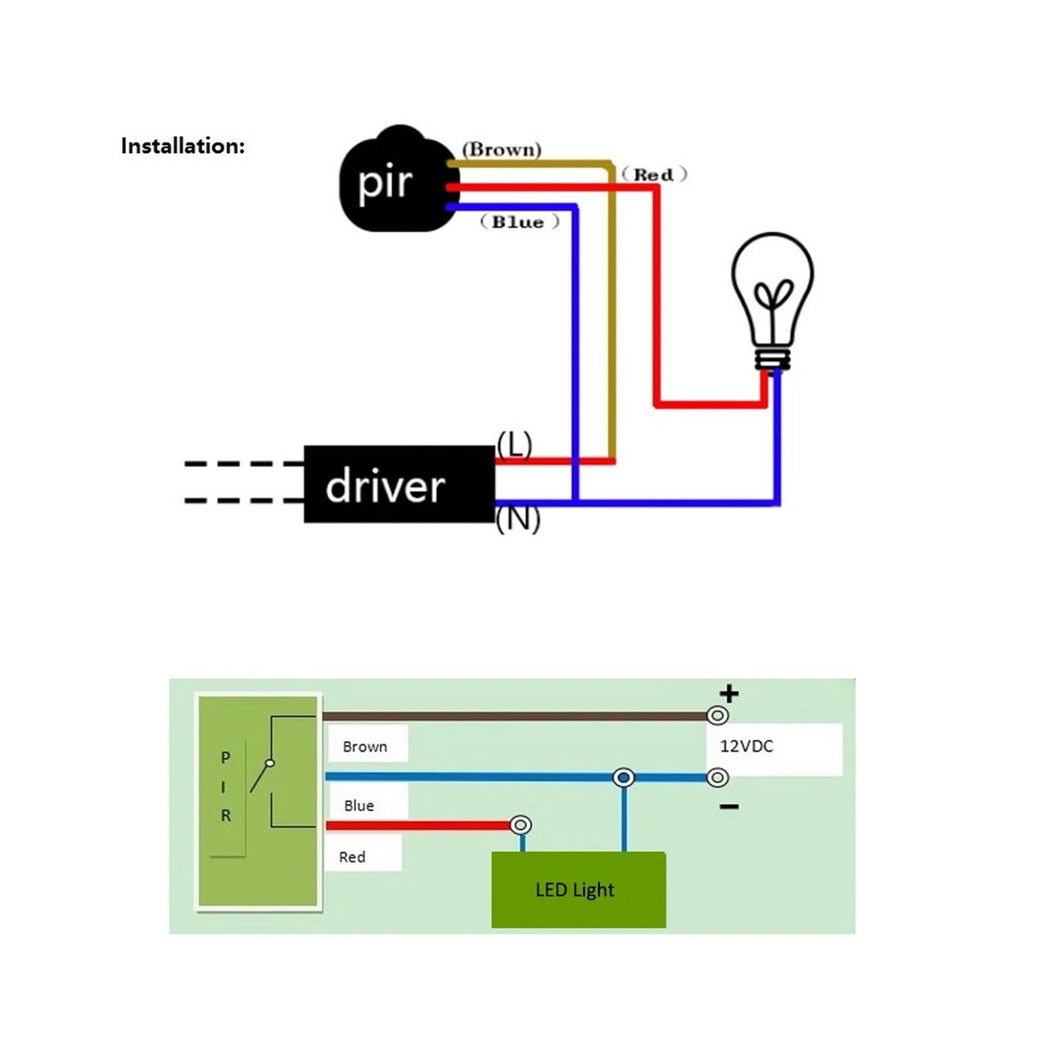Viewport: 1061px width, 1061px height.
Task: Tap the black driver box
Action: (x=399, y=484)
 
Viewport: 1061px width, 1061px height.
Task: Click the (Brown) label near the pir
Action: (x=502, y=149)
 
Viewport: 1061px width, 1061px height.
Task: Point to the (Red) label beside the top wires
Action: (x=654, y=174)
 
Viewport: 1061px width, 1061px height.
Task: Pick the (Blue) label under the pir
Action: (x=520, y=222)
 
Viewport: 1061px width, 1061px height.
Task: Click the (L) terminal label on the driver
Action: (x=515, y=444)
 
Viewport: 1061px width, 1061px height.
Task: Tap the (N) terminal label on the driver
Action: (x=518, y=519)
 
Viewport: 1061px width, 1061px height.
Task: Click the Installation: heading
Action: (x=183, y=146)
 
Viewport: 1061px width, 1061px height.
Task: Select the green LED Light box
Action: (x=578, y=889)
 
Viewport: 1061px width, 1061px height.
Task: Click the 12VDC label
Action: (x=747, y=746)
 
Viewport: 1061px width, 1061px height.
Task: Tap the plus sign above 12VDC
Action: (x=729, y=694)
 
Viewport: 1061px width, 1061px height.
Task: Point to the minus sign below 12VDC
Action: (x=729, y=806)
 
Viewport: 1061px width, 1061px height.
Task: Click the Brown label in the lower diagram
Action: (x=365, y=747)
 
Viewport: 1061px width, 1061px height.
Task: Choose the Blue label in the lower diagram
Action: (x=359, y=806)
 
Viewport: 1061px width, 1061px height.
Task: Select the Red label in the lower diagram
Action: (x=352, y=857)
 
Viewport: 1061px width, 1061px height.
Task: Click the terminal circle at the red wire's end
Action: (x=521, y=825)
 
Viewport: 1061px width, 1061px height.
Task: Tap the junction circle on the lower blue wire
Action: (x=623, y=777)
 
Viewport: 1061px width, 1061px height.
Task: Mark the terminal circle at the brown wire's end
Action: (x=718, y=716)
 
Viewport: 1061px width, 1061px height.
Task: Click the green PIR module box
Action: (x=258, y=801)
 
